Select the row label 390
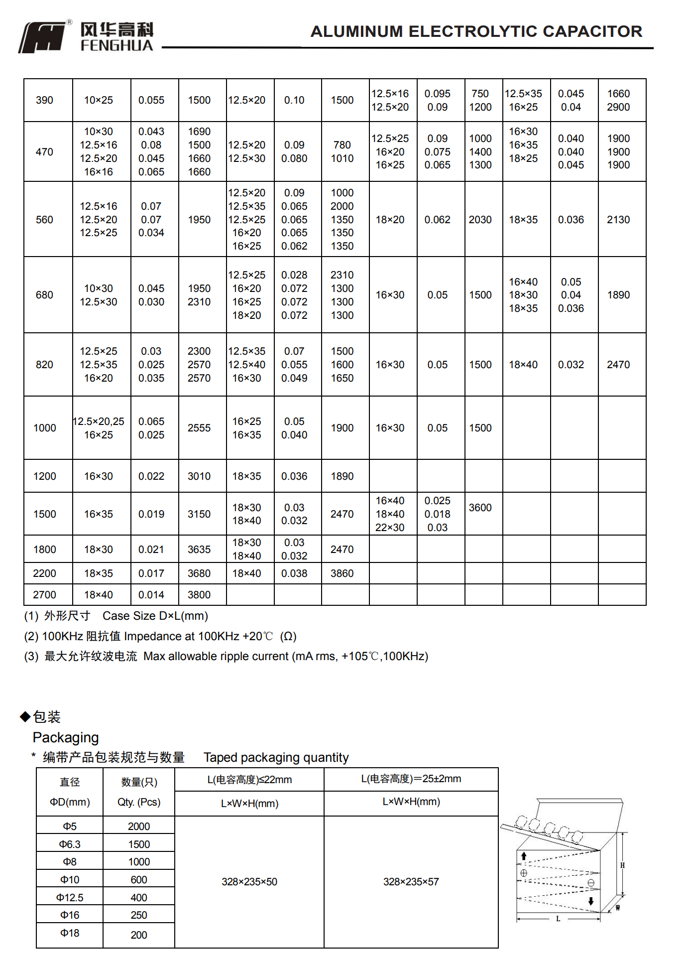(x=44, y=100)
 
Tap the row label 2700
(x=44, y=595)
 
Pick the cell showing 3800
(x=199, y=595)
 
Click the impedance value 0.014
(x=151, y=595)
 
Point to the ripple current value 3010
(x=199, y=476)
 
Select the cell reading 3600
(x=480, y=508)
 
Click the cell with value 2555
(x=199, y=428)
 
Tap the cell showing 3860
(x=342, y=573)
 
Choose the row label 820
(x=44, y=365)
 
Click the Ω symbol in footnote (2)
(x=288, y=637)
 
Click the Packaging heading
(x=66, y=737)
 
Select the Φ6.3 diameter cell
(x=70, y=844)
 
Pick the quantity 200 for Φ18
(x=139, y=935)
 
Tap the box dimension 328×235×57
(x=411, y=882)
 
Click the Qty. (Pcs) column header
(x=139, y=802)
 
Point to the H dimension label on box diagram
(x=622, y=865)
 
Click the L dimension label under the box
(x=558, y=919)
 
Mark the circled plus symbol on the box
(x=524, y=873)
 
